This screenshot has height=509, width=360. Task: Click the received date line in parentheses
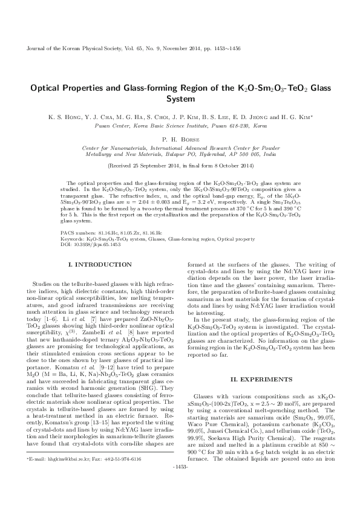coord(180,164)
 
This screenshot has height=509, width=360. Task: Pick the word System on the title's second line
coord(180,98)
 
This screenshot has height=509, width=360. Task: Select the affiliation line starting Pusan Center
coord(180,126)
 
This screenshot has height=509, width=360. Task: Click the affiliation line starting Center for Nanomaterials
coord(180,147)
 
